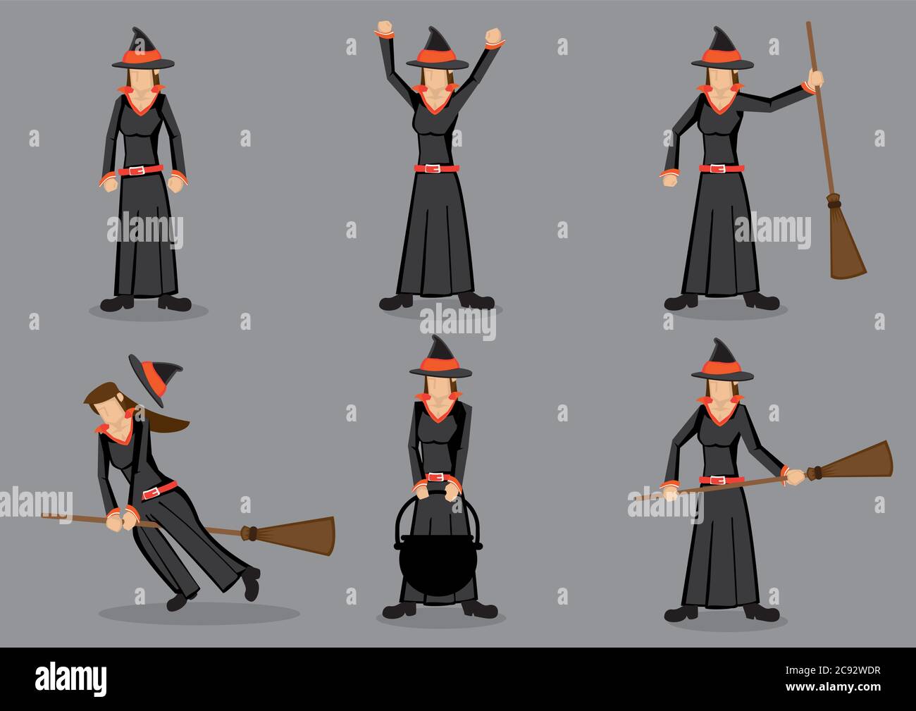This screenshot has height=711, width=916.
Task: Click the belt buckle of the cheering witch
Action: click(436, 169)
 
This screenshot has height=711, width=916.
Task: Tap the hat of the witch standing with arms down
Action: click(143, 50)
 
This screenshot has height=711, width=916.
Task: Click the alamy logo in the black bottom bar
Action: click(71, 679)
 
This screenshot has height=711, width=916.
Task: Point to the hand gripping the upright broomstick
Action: click(816, 78)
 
